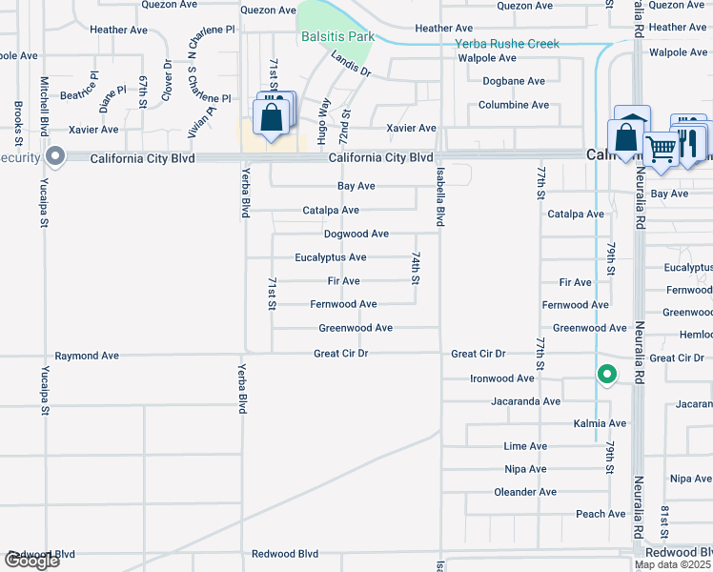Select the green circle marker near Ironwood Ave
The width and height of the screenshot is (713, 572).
(606, 375)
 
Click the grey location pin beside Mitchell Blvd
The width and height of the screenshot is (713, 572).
(55, 156)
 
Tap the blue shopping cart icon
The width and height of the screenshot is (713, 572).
(660, 148)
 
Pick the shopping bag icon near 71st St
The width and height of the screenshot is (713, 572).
(271, 118)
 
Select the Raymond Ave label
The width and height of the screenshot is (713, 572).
(87, 356)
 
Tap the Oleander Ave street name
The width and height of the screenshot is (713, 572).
(525, 492)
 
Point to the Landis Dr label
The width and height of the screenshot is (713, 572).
(351, 65)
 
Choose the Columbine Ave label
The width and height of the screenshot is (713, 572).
(514, 105)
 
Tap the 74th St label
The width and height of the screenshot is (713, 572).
(416, 268)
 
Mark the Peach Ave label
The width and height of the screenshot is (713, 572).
(601, 514)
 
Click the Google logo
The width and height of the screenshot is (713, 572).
(31, 561)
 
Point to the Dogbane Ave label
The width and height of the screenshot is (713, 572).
(514, 81)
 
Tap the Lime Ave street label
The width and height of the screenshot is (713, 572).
(525, 446)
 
